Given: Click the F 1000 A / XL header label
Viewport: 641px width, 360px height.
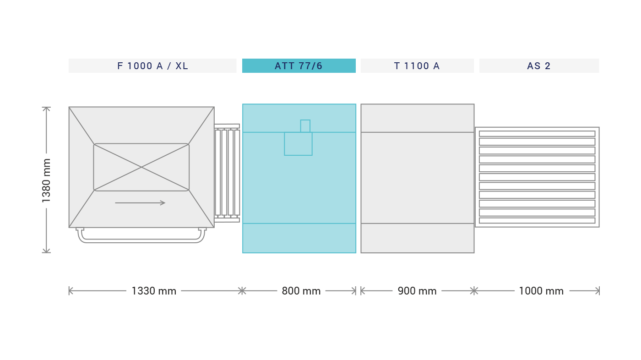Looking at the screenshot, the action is [152, 66].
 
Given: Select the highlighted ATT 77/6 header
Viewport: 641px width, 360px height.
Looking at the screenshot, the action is [299, 66].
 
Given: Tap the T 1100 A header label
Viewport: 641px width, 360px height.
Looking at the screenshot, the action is [417, 66].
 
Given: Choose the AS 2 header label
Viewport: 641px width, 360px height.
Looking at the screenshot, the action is [539, 66].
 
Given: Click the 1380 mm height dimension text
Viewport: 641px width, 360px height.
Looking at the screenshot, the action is [46, 180].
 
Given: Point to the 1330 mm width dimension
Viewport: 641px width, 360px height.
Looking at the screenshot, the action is [154, 291].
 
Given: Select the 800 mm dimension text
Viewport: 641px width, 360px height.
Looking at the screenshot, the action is [301, 291].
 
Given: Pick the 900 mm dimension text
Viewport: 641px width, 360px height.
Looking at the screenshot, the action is [417, 291].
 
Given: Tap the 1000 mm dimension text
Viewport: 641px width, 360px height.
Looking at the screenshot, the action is [541, 291].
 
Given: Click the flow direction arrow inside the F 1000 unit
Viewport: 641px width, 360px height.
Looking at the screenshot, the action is [140, 203].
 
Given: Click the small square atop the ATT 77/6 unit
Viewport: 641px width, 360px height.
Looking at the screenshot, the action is [305, 126].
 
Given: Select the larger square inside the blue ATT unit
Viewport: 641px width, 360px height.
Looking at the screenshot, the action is [298, 144].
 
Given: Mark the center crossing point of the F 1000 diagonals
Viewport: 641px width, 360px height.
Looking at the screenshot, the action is [141, 167].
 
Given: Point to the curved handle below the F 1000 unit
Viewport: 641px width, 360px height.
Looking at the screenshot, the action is [141, 242].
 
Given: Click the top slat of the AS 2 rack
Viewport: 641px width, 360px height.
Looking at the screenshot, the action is [537, 134].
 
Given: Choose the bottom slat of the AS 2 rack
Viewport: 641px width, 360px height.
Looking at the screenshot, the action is [537, 221].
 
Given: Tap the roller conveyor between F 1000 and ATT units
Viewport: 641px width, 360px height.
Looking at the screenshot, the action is [227, 173].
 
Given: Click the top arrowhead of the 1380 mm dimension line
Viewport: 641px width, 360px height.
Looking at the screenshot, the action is [46, 108].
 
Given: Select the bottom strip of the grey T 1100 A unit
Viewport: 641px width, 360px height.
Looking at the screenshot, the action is [418, 238].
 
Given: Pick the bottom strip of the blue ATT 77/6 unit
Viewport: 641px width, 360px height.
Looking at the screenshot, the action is [299, 238].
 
